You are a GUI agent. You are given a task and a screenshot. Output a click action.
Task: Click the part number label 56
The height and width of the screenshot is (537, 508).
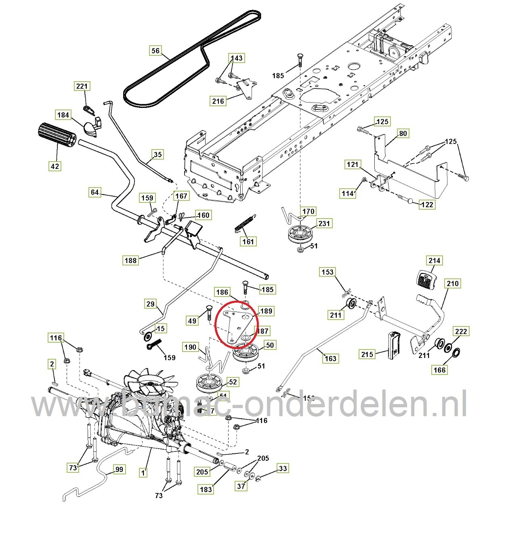pyautogui.click(x=155, y=51)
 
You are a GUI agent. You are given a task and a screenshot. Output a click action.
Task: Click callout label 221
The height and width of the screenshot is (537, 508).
pyautogui.click(x=82, y=86)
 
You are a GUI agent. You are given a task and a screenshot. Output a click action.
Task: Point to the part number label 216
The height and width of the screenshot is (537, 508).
pyautogui.click(x=218, y=101)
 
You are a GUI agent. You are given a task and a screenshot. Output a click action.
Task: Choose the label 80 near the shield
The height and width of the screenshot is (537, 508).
pyautogui.click(x=403, y=133)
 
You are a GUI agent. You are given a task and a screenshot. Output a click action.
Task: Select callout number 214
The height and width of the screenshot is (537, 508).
pyautogui.click(x=435, y=260)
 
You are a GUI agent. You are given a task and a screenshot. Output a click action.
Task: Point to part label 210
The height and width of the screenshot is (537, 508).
pyautogui.click(x=453, y=283)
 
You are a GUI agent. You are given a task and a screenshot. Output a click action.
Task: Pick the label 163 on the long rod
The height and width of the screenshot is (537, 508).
pyautogui.click(x=330, y=358)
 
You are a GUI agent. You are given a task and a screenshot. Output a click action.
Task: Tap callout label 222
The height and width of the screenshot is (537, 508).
pyautogui.click(x=461, y=331)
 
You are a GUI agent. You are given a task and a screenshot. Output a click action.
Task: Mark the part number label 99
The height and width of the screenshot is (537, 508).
pyautogui.click(x=120, y=469)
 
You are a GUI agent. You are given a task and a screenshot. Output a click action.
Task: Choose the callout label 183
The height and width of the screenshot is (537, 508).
pyautogui.click(x=206, y=489)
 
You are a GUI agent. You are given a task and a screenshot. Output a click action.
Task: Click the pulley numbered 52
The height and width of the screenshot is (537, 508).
pyautogui.click(x=208, y=383)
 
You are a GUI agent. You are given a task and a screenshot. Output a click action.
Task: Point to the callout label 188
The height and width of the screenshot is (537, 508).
pyautogui.click(x=130, y=260)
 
